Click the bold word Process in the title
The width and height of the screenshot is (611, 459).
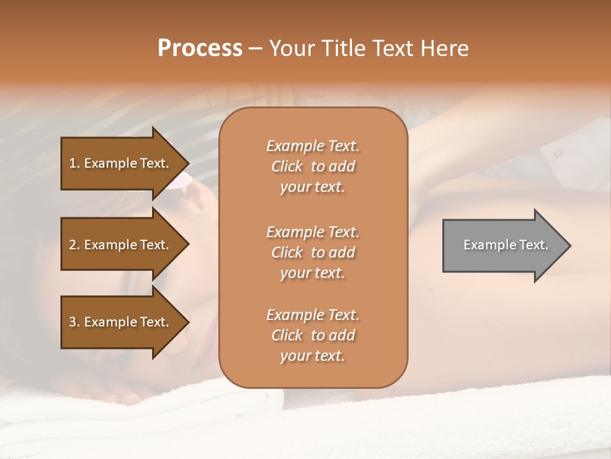tap(200, 48)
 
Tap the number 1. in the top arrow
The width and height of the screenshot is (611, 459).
tap(74, 163)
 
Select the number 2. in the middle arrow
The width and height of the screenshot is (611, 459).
tap(74, 245)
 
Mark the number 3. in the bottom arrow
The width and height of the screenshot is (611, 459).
tap(74, 322)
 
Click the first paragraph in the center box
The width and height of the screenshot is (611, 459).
tap(313, 166)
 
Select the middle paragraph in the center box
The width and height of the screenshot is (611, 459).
tap(313, 252)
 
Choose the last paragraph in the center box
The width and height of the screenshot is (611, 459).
tap(313, 335)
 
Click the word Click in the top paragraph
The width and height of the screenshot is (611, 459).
tap(287, 166)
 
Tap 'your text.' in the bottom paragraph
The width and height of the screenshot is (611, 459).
tap(313, 356)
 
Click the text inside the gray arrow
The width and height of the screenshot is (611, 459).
tap(505, 245)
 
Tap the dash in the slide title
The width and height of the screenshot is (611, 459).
tap(255, 48)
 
